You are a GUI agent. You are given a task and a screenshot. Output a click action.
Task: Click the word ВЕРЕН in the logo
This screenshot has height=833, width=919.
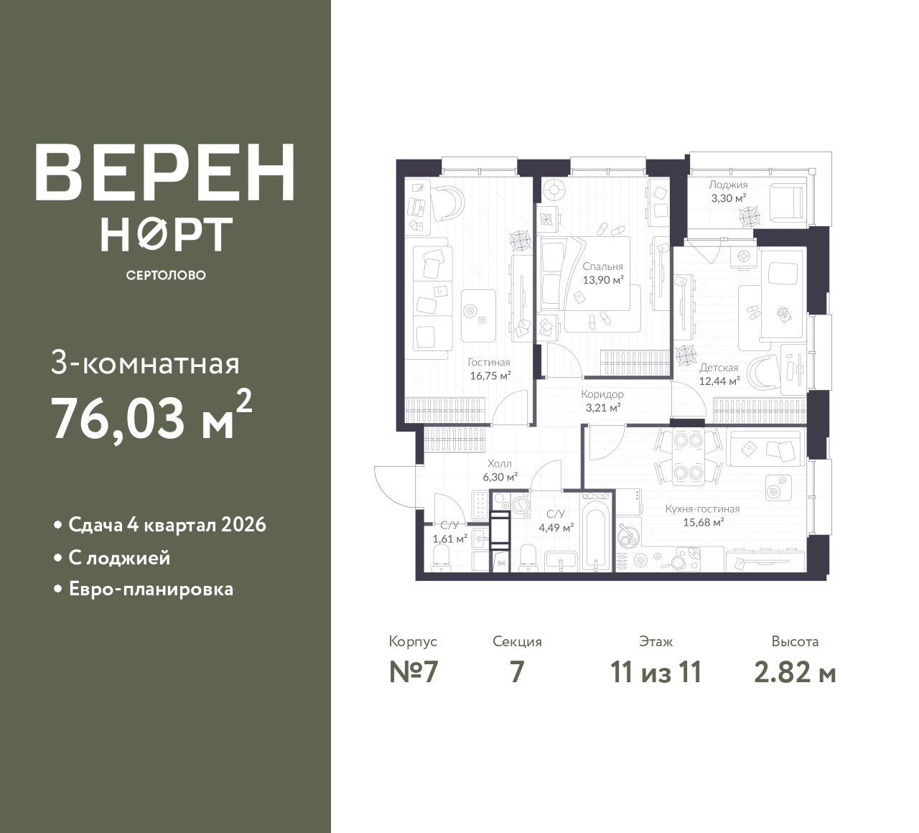point(165,173)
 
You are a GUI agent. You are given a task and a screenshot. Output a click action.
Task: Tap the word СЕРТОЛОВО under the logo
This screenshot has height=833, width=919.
point(166,275)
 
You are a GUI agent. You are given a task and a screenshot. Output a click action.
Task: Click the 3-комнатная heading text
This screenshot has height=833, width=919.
point(145,366)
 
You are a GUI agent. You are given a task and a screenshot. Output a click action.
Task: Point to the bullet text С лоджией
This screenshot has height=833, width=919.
point(119,559)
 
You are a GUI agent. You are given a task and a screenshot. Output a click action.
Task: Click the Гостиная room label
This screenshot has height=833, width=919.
point(489,363)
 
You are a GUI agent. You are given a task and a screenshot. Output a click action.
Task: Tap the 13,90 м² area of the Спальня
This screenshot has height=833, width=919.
point(603,280)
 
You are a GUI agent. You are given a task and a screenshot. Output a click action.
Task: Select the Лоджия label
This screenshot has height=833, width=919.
point(729,185)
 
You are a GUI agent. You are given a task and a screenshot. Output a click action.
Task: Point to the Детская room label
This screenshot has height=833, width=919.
point(719,368)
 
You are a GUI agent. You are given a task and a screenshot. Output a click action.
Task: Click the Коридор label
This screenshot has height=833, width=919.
point(602,394)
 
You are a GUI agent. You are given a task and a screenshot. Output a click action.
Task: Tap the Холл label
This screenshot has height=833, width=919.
point(500,464)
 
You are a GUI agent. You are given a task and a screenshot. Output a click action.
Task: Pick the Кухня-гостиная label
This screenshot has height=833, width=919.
point(703,508)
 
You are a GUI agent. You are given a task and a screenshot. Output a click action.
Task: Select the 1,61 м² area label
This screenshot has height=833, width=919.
point(450,539)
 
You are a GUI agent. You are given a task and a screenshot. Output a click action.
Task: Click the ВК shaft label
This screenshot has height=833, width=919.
point(502,563)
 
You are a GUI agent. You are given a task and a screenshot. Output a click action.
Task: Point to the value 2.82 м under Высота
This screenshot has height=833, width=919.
point(796,673)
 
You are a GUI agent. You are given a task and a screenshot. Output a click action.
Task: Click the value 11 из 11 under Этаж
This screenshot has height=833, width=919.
point(656,673)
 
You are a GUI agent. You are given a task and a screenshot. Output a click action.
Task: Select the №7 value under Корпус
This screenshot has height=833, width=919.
point(414,673)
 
